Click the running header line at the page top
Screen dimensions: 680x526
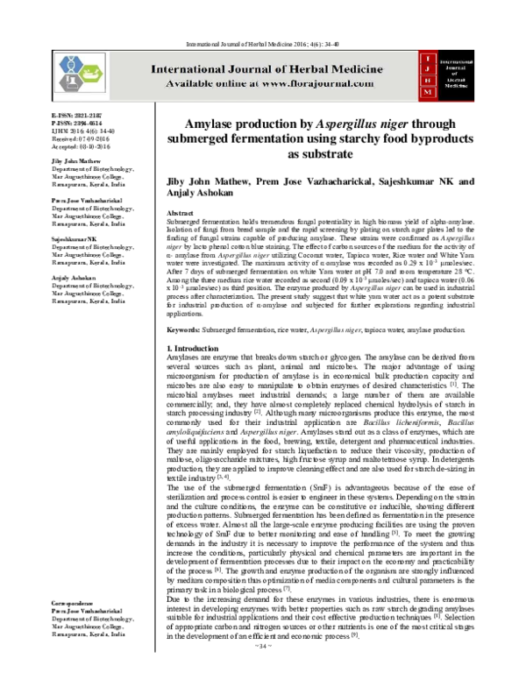pyautogui.click(x=262, y=18)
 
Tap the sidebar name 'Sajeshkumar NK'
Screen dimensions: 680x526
pyautogui.click(x=49, y=237)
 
